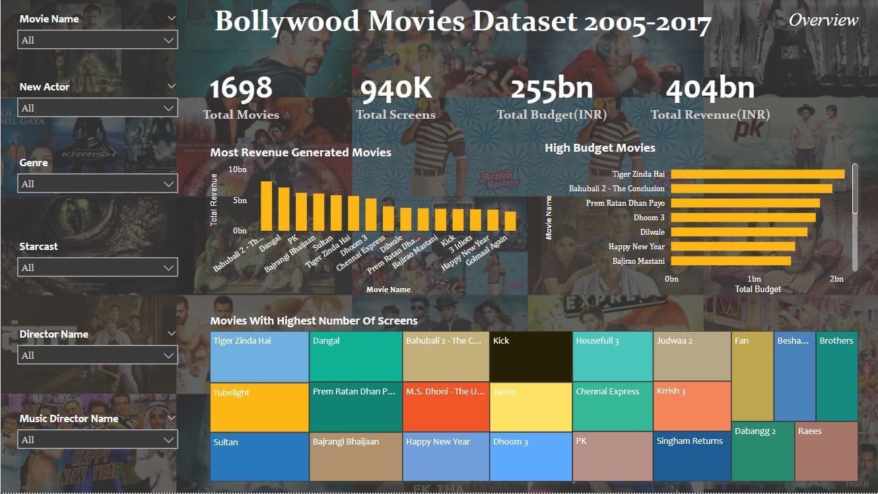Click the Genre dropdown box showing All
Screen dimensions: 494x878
coord(97,183)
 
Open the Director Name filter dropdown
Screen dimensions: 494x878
coord(97,355)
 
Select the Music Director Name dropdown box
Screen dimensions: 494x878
coord(97,439)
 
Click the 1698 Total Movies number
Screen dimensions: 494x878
coord(241,89)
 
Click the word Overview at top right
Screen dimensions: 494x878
coord(823,20)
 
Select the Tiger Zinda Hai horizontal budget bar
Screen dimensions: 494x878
coord(757,174)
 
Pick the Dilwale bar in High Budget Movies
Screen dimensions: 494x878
coord(739,232)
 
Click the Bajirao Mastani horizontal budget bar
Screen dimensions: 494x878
coord(730,261)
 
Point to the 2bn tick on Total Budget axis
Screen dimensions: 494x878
coord(836,279)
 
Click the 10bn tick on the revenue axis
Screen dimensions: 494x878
coord(238,170)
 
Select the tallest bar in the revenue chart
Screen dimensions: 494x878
coord(266,205)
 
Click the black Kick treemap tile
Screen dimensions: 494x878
coord(531,357)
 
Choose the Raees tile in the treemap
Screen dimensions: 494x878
coord(826,451)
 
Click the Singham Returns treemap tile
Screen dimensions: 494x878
coord(692,456)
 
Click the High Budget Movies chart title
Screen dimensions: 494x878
coord(599,148)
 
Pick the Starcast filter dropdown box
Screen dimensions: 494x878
coord(97,267)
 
